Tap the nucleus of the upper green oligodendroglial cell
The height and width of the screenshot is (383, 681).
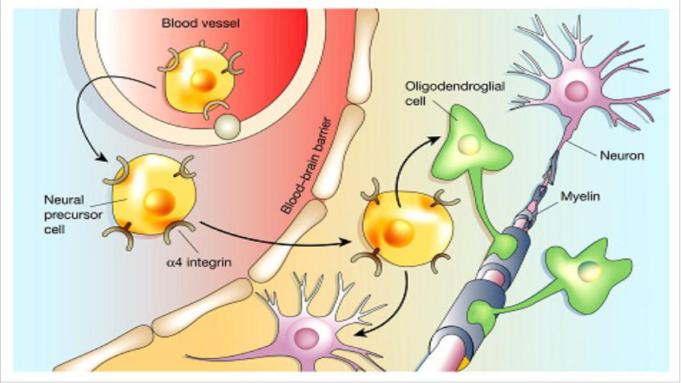[468, 144]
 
